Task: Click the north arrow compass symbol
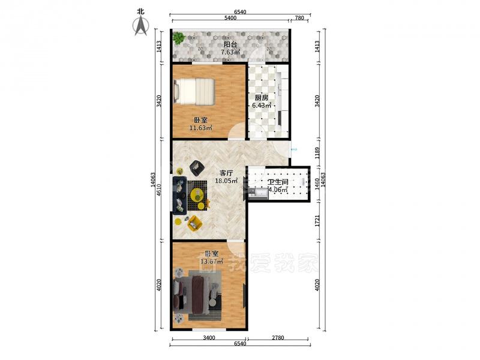point(141,26)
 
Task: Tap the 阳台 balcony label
point(230,44)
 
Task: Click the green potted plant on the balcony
point(178,38)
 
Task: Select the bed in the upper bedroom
point(194,91)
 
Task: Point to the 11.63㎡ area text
point(201,128)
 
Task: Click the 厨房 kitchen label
point(262,98)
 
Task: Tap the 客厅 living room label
point(226,173)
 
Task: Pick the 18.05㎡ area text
point(226,181)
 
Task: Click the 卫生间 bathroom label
point(278,182)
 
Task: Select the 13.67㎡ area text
point(212,262)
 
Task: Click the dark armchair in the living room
point(197,169)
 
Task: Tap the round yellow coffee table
point(197,194)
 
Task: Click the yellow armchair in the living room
point(194,223)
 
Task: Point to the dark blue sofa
point(179,195)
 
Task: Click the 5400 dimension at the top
point(230,18)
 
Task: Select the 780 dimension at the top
point(299,18)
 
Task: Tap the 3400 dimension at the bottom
point(209,338)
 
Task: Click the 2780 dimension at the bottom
point(278,338)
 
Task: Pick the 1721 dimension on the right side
point(317,221)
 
